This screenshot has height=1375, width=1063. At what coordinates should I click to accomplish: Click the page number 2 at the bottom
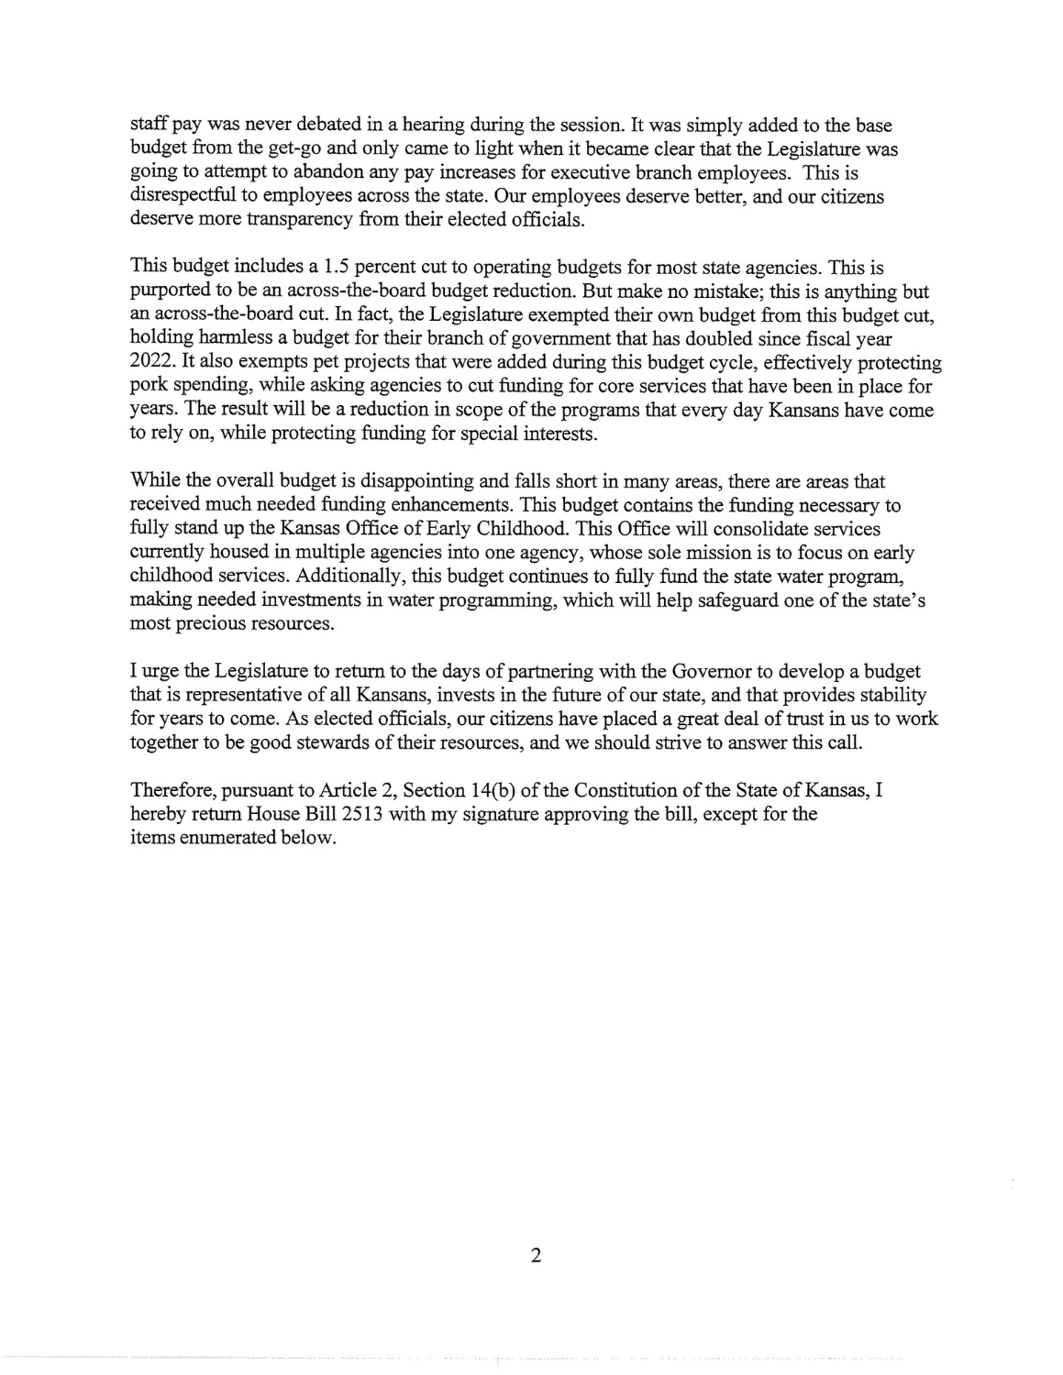tap(536, 1256)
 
